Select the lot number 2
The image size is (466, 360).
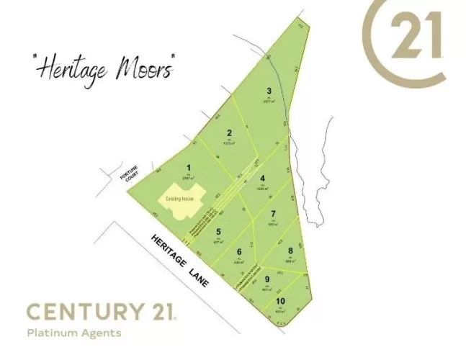coord(228,132)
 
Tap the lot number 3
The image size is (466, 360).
coord(269,91)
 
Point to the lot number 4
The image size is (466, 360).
coord(263,179)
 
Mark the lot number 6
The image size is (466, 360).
coord(239,251)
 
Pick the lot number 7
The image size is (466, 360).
coord(273,214)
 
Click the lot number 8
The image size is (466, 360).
coord(290,250)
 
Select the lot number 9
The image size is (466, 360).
coord(266,279)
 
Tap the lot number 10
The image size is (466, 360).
coord(279,301)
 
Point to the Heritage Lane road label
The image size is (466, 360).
coord(179,261)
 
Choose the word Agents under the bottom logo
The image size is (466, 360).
coord(102,333)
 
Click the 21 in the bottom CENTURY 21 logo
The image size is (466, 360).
coord(162,312)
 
